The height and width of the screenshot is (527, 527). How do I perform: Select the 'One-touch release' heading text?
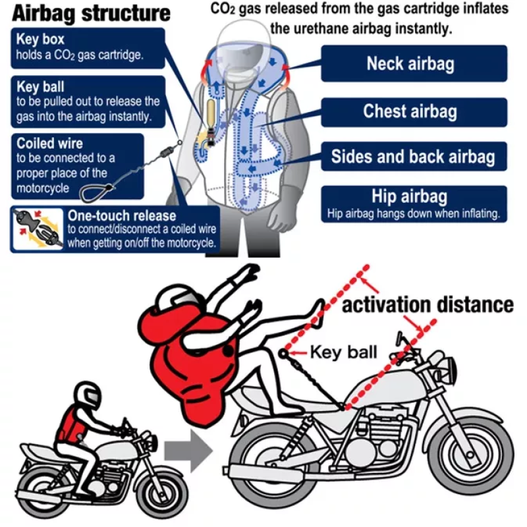[x=122, y=215]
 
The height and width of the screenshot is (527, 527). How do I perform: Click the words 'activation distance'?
[x=428, y=304]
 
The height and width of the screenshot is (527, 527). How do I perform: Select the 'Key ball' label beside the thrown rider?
[x=343, y=351]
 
